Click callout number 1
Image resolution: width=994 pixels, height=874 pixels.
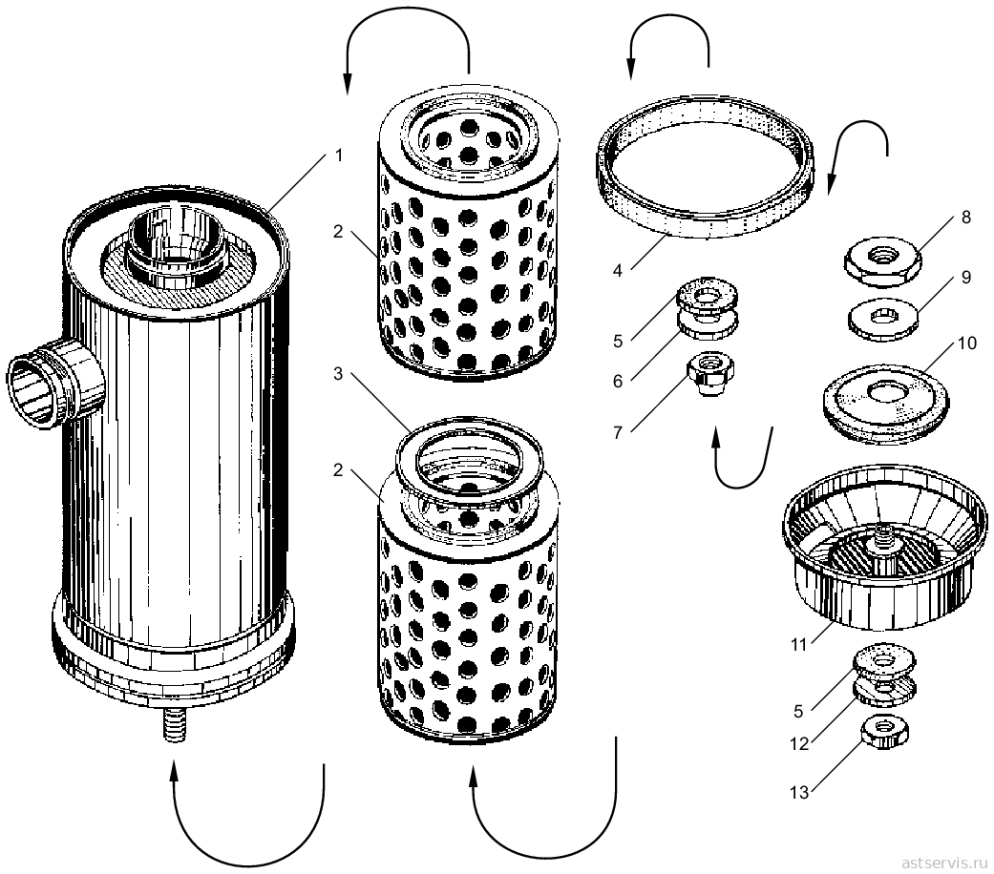(339, 156)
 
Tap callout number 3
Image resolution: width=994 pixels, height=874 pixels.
(338, 374)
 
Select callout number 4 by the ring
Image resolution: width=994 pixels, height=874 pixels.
(618, 271)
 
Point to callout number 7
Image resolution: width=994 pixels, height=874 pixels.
(618, 432)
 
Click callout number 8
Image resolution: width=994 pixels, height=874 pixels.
(965, 218)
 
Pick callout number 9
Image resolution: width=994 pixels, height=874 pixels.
(965, 278)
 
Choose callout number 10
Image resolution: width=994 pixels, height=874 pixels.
(966, 343)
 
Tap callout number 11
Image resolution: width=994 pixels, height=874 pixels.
(798, 645)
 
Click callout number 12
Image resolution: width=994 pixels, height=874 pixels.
(799, 743)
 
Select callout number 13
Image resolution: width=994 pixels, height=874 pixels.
(799, 792)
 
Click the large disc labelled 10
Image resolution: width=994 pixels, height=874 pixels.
(885, 404)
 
